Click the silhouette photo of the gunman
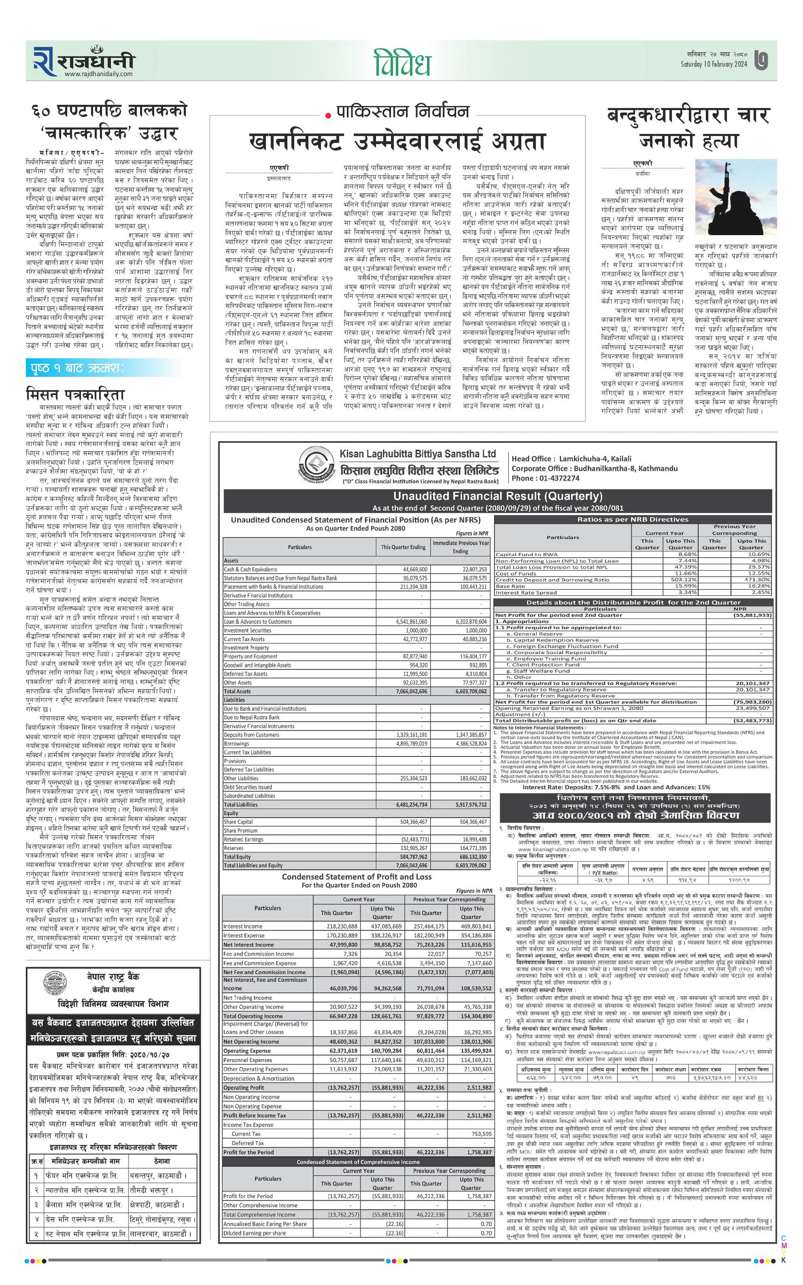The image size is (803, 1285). click(735, 197)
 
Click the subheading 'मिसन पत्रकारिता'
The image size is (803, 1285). click(75, 394)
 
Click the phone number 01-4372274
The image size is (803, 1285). click(560, 478)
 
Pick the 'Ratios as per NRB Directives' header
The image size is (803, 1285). click(633, 519)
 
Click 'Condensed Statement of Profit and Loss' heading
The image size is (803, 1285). click(356, 877)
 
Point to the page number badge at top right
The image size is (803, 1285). click(761, 60)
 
